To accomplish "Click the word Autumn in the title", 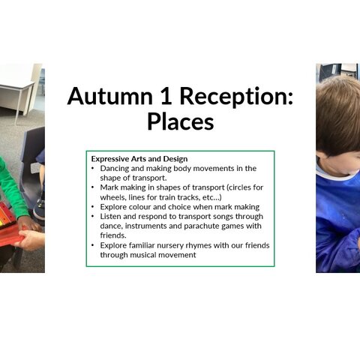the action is pyautogui.click(x=110, y=96).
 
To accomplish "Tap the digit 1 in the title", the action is pyautogui.click(x=166, y=96).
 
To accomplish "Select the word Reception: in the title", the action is pyautogui.click(x=236, y=97).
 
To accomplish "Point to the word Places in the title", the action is pyautogui.click(x=180, y=121).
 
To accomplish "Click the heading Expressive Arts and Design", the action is pyautogui.click(x=139, y=159).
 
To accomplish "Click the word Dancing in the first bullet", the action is pyautogui.click(x=115, y=169).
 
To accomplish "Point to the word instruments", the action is pyautogui.click(x=145, y=226).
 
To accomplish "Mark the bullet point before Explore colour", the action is pyautogui.click(x=93, y=207).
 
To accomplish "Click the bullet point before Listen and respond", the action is pyautogui.click(x=93, y=217).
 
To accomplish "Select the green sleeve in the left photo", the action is pyautogui.click(x=13, y=190).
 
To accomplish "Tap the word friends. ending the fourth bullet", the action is pyautogui.click(x=113, y=235).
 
